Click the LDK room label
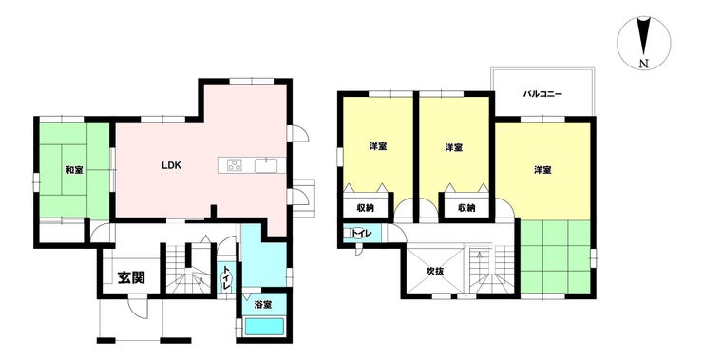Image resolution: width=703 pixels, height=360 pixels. click(x=171, y=165)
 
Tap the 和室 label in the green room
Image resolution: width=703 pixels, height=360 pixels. click(x=74, y=170)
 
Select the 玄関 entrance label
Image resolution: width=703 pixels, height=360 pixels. click(x=131, y=278)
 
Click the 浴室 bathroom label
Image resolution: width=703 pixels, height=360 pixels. click(x=263, y=305)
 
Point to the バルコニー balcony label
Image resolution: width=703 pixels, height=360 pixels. click(x=542, y=95)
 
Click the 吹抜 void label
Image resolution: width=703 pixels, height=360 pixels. click(x=435, y=271)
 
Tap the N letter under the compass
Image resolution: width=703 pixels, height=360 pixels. click(x=644, y=64)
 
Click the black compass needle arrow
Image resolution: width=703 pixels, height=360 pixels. click(x=644, y=36)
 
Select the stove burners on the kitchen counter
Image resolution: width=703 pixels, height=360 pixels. click(x=235, y=165)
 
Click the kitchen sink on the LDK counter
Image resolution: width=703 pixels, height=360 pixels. click(x=266, y=165)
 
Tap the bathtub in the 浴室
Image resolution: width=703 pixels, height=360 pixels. click(x=264, y=327)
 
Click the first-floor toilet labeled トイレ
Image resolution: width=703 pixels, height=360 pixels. click(x=225, y=279)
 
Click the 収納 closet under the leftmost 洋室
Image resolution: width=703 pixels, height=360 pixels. click(x=366, y=207)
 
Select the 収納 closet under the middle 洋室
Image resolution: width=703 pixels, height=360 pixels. click(x=466, y=207)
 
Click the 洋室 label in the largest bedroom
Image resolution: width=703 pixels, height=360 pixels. click(x=542, y=170)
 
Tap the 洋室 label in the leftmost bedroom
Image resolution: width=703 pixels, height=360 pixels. click(x=378, y=146)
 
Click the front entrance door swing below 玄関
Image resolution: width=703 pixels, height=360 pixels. click(x=138, y=309)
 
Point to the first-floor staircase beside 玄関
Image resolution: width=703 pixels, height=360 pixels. click(x=187, y=269)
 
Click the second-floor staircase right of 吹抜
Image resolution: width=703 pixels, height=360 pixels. click(x=491, y=269)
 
